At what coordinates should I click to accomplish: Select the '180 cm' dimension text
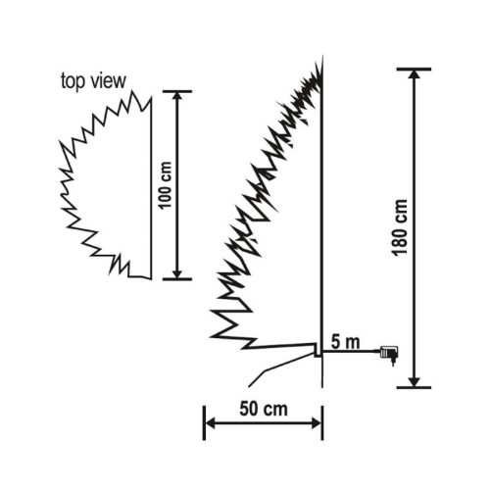400,228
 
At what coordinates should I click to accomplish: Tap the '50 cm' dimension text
263,407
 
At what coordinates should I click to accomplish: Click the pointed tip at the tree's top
321,61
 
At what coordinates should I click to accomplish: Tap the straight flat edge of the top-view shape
151,186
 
